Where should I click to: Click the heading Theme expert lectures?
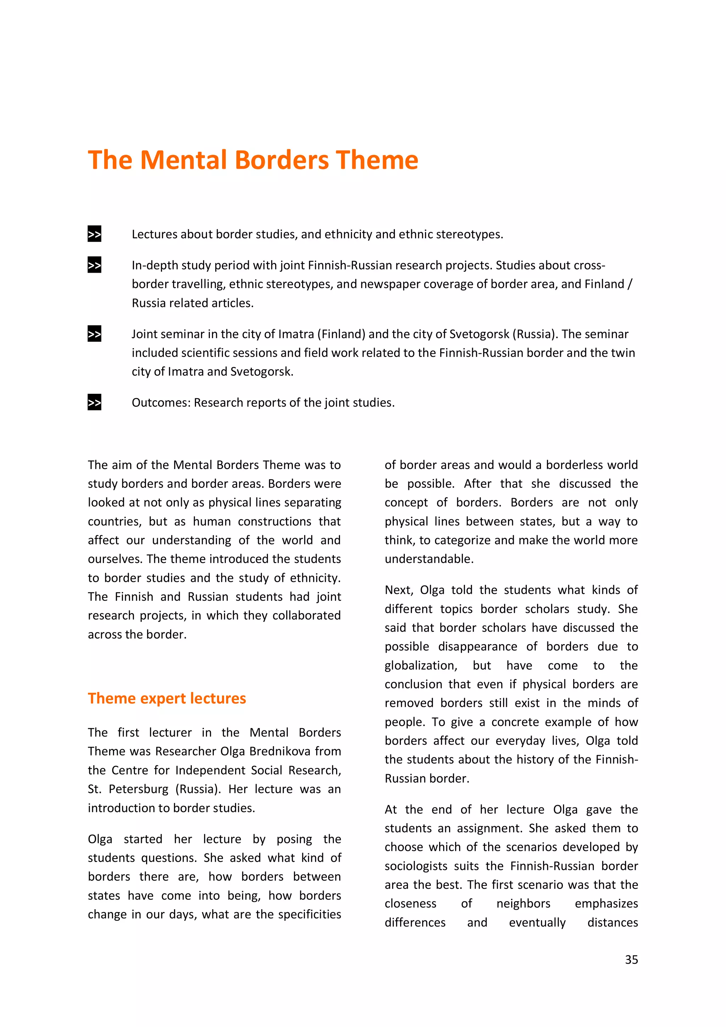pyautogui.click(x=167, y=698)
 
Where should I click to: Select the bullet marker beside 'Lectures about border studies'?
pyautogui.click(x=94, y=234)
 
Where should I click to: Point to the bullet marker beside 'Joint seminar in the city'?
pyautogui.click(x=94, y=334)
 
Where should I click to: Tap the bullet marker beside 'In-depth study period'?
pyautogui.click(x=94, y=265)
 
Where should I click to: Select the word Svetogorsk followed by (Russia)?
pyautogui.click(x=479, y=334)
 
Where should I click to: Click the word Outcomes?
pyautogui.click(x=161, y=403)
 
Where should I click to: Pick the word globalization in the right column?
pyautogui.click(x=420, y=665)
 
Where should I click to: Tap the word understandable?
pyautogui.click(x=429, y=559)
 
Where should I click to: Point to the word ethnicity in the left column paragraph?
pyautogui.click(x=314, y=578)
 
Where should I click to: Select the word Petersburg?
pyautogui.click(x=138, y=789)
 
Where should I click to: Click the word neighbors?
pyautogui.click(x=523, y=904)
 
